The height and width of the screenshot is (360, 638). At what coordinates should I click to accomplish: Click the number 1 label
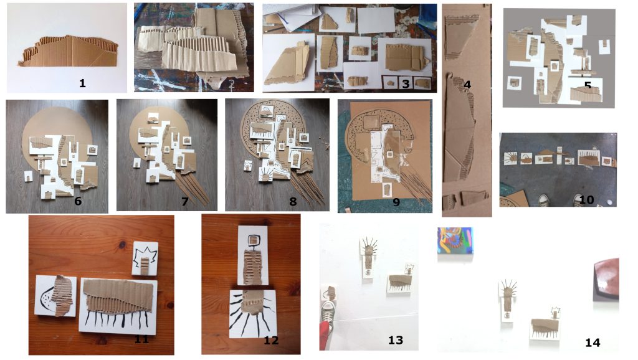[83, 83]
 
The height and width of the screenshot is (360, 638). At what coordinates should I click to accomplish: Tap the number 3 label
[406, 84]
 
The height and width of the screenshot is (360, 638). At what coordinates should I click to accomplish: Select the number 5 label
[588, 86]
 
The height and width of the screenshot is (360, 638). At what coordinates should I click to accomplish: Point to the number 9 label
[396, 202]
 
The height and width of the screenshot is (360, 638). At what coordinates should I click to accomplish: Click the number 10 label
[586, 200]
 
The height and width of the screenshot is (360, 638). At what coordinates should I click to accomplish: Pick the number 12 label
[271, 340]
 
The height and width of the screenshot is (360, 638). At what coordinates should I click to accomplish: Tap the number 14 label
[593, 343]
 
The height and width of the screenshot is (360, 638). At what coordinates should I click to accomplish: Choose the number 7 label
[184, 201]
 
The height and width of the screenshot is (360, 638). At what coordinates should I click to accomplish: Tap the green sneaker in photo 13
[328, 313]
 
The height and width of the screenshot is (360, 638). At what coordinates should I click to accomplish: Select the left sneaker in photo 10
[543, 200]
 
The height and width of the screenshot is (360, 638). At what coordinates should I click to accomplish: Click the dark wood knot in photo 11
[123, 245]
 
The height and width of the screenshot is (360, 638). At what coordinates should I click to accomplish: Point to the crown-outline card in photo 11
[145, 258]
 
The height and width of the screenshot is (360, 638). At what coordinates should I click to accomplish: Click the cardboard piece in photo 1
[69, 51]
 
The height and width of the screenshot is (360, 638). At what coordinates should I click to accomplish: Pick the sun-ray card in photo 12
[253, 314]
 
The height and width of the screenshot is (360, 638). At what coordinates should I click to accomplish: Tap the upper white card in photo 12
[253, 255]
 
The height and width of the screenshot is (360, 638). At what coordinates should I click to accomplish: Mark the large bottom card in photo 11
[118, 306]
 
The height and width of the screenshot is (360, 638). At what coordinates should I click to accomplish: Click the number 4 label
[467, 85]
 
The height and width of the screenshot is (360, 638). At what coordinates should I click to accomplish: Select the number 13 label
[396, 340]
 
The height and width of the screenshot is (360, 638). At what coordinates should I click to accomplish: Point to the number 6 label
[78, 201]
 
